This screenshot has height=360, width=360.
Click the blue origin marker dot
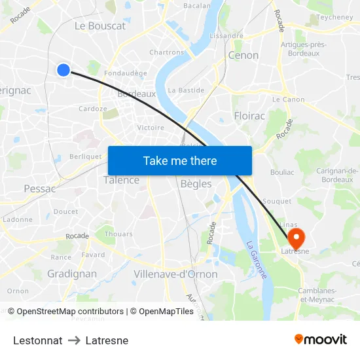(x=63, y=69)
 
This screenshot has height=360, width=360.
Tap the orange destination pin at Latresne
(x=297, y=236)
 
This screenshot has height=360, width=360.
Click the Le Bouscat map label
(x=100, y=26)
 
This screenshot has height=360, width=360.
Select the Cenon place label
(x=243, y=55)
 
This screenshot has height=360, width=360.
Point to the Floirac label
(x=249, y=116)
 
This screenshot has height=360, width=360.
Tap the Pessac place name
(x=39, y=189)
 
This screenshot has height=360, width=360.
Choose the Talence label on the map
(x=121, y=180)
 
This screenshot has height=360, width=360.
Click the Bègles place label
(x=196, y=184)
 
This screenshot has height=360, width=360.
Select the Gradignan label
(x=72, y=274)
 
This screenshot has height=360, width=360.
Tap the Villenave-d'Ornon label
(x=175, y=274)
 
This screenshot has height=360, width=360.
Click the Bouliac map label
(x=282, y=173)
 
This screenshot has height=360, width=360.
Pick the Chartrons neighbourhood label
(x=167, y=52)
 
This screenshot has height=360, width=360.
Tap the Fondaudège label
(x=126, y=74)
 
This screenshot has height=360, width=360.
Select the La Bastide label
(x=186, y=90)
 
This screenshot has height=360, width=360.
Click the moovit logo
(x=321, y=339)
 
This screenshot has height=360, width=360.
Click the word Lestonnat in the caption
(x=38, y=340)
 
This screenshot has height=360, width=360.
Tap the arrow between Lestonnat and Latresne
(x=74, y=340)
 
